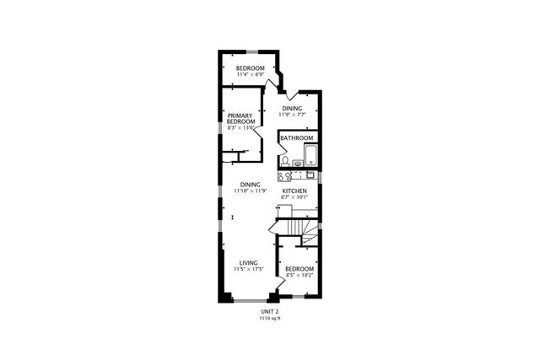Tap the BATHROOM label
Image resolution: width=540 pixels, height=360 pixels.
[x=297, y=138]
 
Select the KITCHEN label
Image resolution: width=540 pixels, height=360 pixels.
[x=294, y=191]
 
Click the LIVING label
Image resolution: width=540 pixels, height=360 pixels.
[x=249, y=263]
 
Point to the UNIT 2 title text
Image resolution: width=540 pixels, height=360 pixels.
[x=270, y=311]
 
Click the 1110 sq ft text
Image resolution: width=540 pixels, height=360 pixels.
[x=270, y=318]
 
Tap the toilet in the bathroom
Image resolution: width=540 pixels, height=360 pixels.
[x=286, y=160]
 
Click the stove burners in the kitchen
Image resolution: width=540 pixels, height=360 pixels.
[x=285, y=176]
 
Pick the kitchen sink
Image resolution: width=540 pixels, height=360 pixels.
[x=310, y=175]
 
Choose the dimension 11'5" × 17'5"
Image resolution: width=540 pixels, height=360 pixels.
[x=249, y=270]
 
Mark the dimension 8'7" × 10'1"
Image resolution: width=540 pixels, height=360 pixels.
[x=294, y=198]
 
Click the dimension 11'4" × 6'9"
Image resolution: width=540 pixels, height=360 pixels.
[x=250, y=74]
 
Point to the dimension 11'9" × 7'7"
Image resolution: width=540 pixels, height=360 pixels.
[x=292, y=116]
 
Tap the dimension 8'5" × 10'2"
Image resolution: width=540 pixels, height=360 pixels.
[x=300, y=275]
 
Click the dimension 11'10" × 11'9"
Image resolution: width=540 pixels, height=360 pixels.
[x=250, y=191]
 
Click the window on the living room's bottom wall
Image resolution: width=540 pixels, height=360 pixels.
[x=249, y=301]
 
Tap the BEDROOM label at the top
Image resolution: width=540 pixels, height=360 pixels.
[x=250, y=67]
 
